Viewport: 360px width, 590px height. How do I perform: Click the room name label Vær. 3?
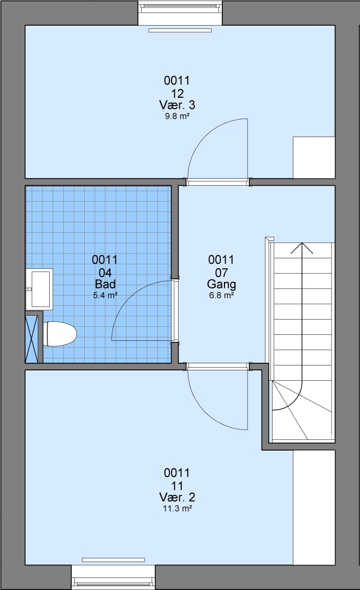click(177, 104)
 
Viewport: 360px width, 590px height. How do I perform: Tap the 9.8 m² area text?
click(177, 116)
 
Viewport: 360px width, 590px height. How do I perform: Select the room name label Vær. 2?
click(177, 497)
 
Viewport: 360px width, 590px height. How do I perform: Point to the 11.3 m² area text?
click(177, 509)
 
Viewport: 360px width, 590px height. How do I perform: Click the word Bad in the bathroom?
click(105, 284)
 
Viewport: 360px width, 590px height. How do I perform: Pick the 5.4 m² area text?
click(105, 296)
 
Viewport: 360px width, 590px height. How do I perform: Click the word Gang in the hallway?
click(222, 284)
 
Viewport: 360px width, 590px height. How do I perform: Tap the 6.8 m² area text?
click(222, 296)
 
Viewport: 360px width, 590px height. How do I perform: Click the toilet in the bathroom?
click(60, 333)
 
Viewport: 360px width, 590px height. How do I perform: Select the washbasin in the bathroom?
click(39, 288)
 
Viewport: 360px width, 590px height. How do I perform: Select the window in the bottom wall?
click(113, 577)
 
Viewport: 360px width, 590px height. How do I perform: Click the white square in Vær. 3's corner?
click(314, 157)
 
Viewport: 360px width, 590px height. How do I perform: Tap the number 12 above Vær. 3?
click(177, 93)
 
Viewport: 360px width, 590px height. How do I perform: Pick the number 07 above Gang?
click(222, 272)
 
